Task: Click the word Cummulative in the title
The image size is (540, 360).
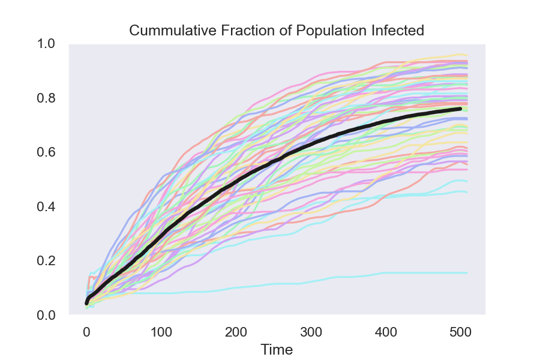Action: click(x=165, y=31)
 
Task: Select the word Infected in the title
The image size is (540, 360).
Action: click(x=401, y=31)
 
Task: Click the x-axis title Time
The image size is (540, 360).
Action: click(x=277, y=349)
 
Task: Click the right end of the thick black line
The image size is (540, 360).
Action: click(x=460, y=109)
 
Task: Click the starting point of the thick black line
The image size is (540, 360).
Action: click(x=86, y=303)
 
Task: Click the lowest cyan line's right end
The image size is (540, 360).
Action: click(x=467, y=273)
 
